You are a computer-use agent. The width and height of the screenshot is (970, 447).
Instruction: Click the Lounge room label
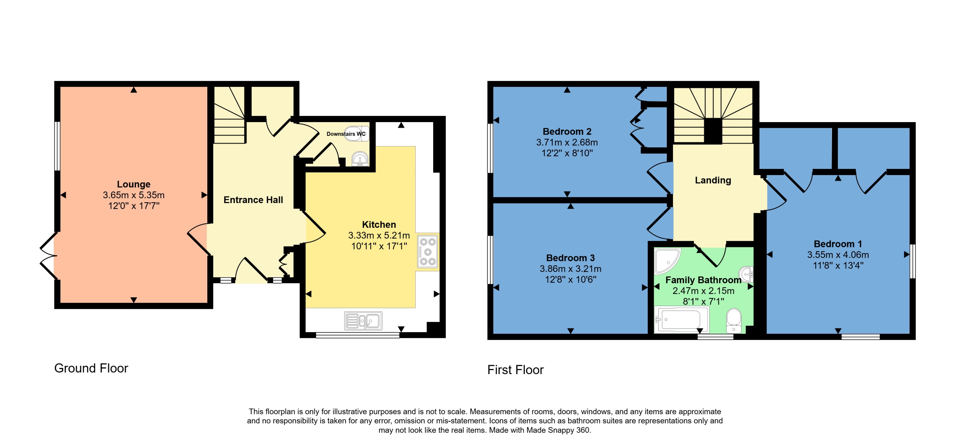click(x=133, y=184)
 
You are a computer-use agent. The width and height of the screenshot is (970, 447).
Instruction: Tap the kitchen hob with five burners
click(x=428, y=251)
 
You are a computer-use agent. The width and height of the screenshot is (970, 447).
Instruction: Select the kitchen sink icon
click(x=363, y=321)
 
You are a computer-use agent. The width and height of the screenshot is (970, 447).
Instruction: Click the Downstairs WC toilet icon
click(x=356, y=133)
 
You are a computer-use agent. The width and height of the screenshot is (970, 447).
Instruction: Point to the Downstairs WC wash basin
click(x=360, y=159)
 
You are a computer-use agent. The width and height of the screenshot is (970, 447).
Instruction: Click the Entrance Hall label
click(x=253, y=200)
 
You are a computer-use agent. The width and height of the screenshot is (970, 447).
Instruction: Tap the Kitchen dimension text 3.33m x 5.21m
click(x=379, y=236)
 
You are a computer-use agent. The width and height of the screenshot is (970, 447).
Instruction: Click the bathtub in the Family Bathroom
click(x=681, y=320)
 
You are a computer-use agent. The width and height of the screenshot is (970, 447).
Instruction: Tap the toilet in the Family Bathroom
click(x=734, y=320)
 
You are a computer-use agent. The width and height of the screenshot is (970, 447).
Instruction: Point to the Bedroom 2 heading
click(x=567, y=132)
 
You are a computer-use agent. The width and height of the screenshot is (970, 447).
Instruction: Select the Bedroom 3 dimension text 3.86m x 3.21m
click(x=570, y=269)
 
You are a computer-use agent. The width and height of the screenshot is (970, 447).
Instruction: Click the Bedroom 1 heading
click(x=838, y=244)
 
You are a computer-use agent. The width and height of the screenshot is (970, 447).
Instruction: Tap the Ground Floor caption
click(x=91, y=368)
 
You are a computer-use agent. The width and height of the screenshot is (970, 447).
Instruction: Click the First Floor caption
click(x=515, y=370)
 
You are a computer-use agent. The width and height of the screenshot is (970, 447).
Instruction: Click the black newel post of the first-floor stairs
click(x=713, y=131)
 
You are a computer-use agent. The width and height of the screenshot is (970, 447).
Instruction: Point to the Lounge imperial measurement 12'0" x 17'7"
click(x=134, y=206)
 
